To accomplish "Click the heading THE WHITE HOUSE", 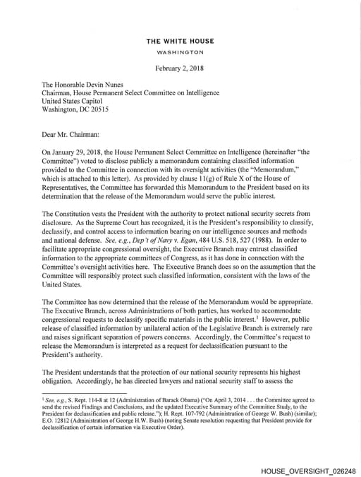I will [x=180, y=42].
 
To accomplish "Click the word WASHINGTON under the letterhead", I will [x=180, y=52].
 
